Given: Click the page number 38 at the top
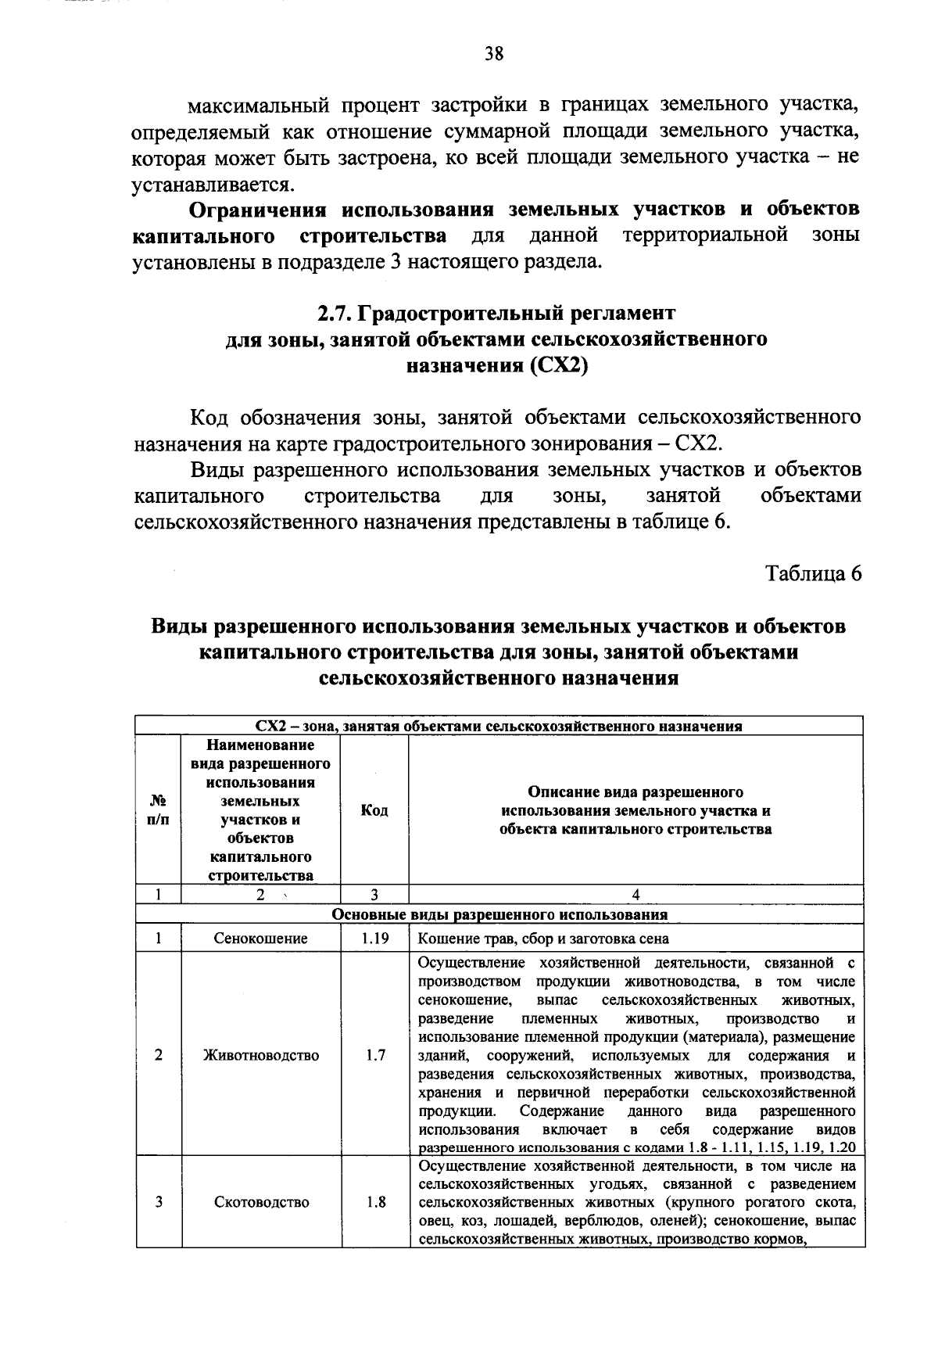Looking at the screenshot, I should [x=494, y=53].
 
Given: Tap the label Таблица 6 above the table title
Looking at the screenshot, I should [x=813, y=572].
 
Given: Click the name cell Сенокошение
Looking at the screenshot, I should [x=261, y=939].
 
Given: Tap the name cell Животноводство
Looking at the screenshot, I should [x=261, y=1055].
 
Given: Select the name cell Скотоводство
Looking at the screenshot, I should [x=261, y=1202].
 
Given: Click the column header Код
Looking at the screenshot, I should [x=374, y=810].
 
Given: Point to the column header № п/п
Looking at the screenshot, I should [x=158, y=810].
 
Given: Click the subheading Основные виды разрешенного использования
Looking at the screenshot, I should [x=499, y=914].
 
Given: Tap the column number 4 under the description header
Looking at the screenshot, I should [x=635, y=895].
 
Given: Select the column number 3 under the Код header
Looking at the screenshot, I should [x=374, y=895].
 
